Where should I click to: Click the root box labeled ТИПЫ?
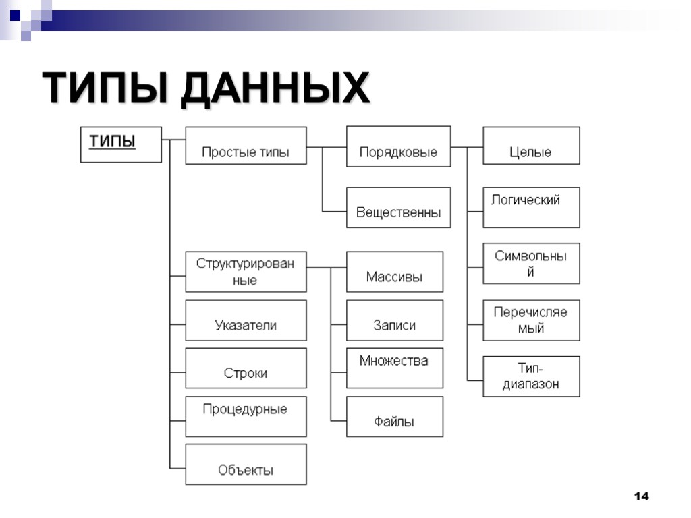121,144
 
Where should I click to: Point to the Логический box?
531,207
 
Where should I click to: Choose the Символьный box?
531,264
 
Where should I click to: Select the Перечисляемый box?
531,320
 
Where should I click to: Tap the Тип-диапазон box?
531,376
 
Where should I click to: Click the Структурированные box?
246,272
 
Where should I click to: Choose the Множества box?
395,368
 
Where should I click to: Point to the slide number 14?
641,496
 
